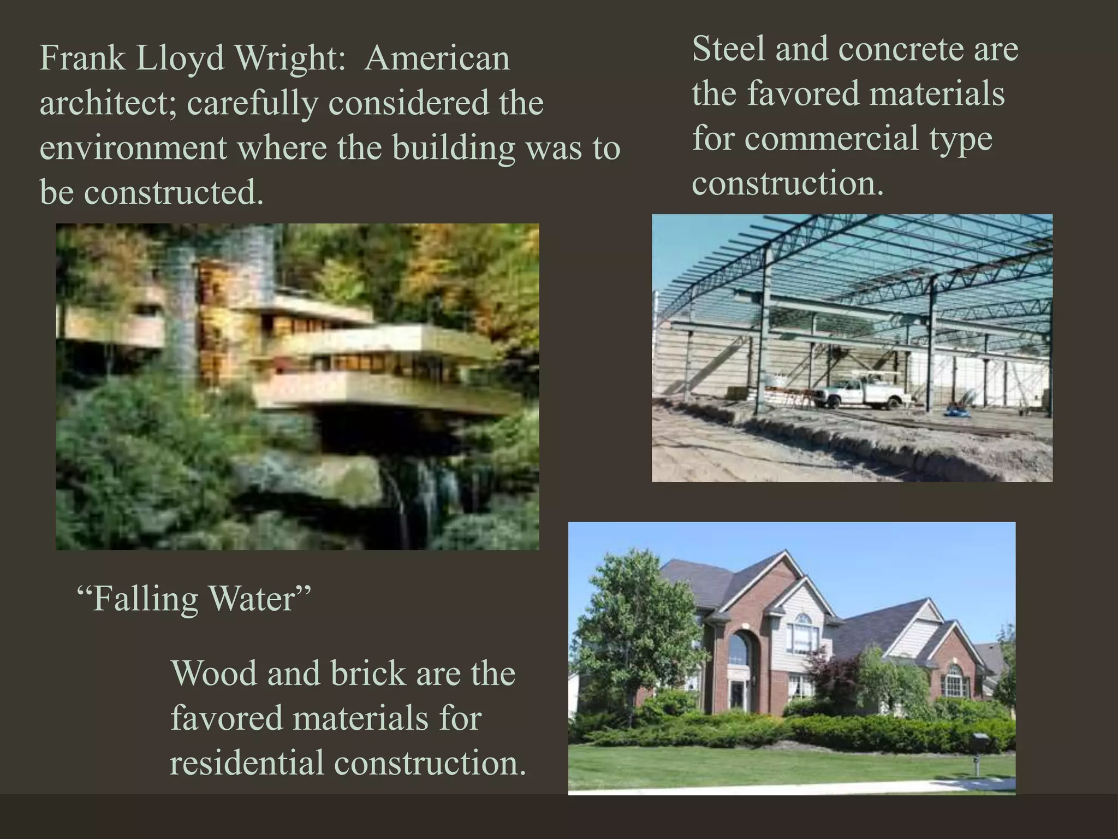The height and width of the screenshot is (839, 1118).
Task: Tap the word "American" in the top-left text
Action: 437,58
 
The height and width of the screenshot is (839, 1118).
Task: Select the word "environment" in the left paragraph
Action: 133,148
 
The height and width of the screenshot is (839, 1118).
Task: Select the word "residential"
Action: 247,763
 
